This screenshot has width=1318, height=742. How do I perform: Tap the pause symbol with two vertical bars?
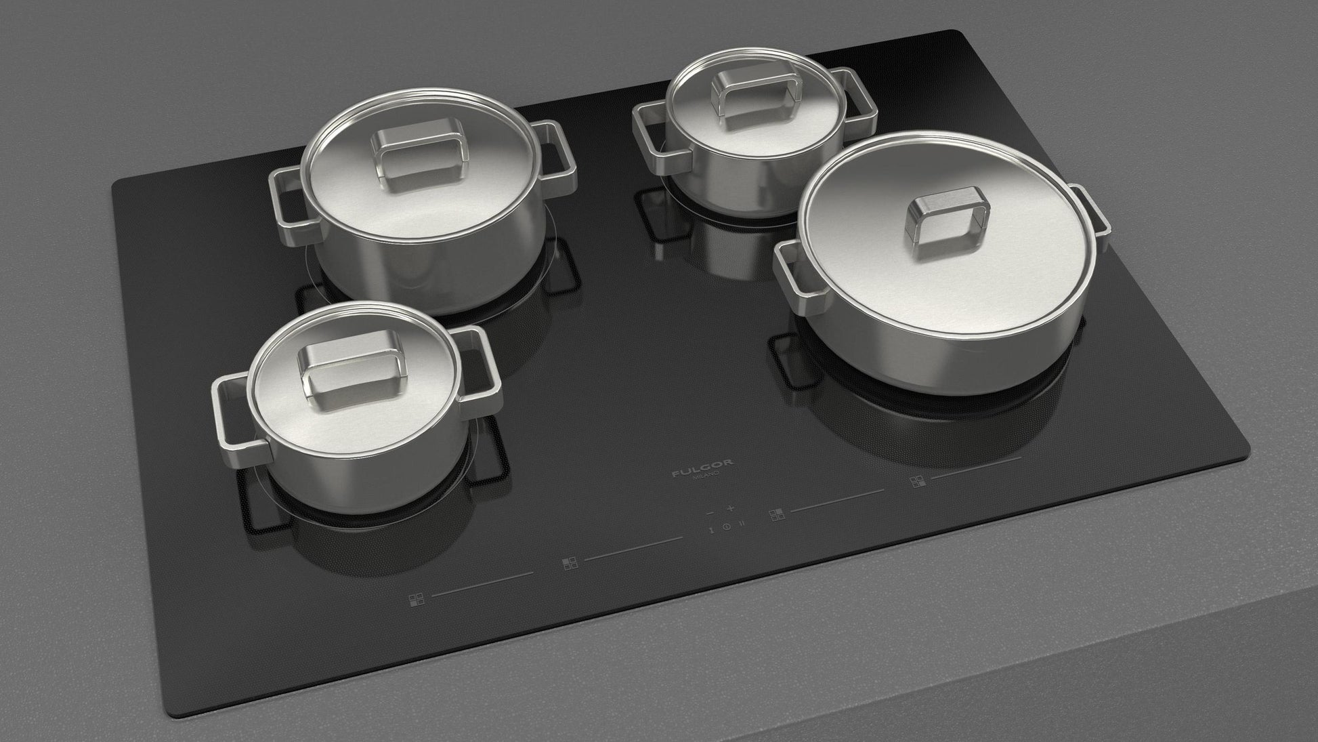[x=742, y=522]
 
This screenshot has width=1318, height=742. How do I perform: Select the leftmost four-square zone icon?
[x=416, y=600]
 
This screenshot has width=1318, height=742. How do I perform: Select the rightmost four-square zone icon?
[x=917, y=482]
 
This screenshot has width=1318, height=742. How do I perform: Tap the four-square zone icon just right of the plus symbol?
[x=776, y=515]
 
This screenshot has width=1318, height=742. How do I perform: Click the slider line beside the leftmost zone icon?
[x=482, y=584]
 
